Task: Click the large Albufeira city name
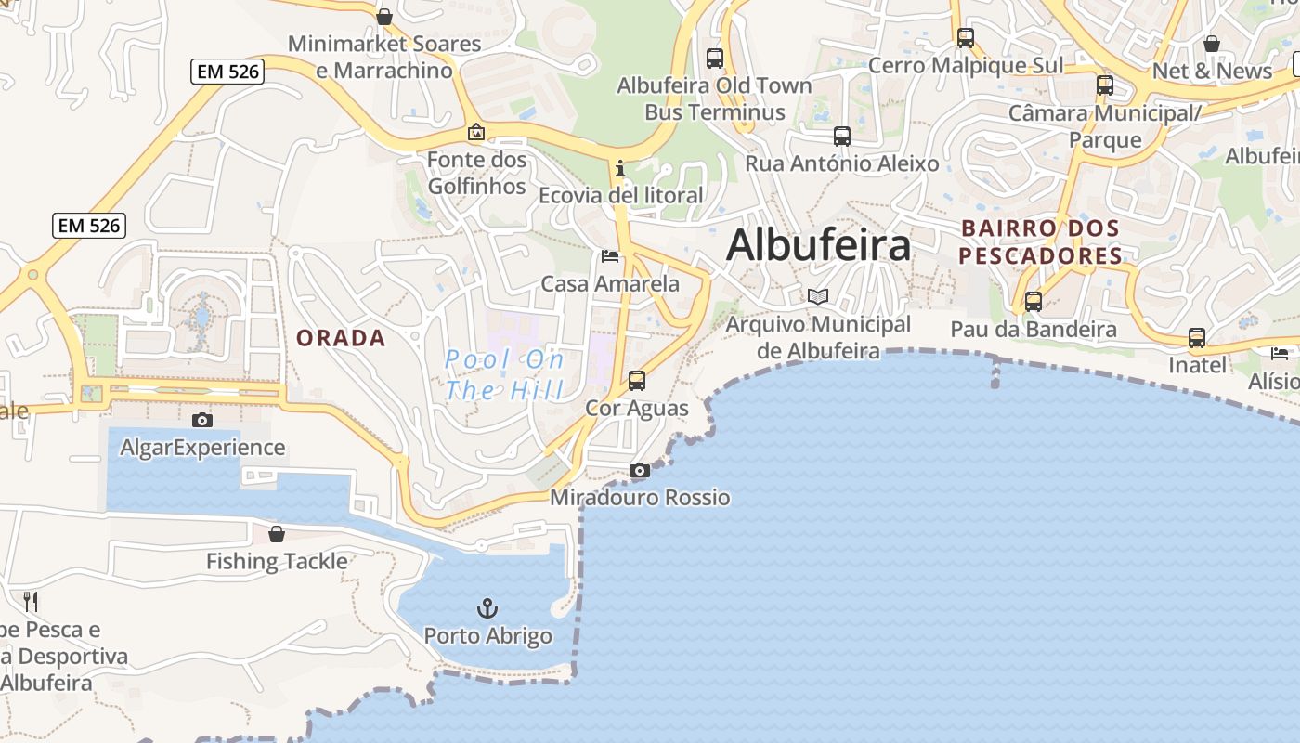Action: (x=818, y=246)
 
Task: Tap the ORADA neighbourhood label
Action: (x=341, y=338)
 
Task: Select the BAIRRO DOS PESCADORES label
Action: (x=1040, y=241)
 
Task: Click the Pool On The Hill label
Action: (x=504, y=374)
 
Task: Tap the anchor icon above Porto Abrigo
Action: (x=487, y=609)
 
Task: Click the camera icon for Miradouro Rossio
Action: (x=640, y=471)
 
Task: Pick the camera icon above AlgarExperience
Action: (x=202, y=421)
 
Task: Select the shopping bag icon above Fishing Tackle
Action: (x=276, y=534)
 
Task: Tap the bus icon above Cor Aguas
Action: (x=637, y=381)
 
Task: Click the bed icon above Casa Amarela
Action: (x=610, y=256)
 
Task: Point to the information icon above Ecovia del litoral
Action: (x=620, y=169)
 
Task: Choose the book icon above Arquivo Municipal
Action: (x=818, y=297)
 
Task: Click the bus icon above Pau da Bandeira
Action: (x=1033, y=302)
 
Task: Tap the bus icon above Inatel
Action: (x=1197, y=338)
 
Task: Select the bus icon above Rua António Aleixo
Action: (x=842, y=137)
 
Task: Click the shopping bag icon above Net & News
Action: (x=1212, y=44)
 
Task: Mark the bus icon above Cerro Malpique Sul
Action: (x=966, y=38)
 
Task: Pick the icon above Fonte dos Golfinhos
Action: (x=476, y=133)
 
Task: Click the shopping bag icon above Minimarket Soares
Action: (x=384, y=17)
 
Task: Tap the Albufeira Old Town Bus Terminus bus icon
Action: (x=715, y=59)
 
